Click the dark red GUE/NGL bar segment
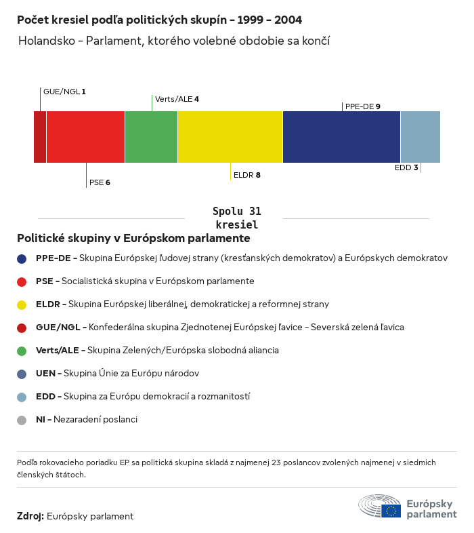click(40, 137)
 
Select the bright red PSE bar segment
click(85, 137)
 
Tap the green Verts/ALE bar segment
click(151, 137)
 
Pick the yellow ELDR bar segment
click(230, 137)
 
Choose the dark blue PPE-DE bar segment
click(341, 137)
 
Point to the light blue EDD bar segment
click(420, 137)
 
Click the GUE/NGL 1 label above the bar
click(64, 91)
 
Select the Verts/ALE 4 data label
click(177, 99)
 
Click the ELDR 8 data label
click(246, 175)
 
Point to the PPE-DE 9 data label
click(362, 106)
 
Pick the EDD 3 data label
click(406, 167)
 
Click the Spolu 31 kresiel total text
click(237, 218)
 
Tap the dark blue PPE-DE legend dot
click(22, 258)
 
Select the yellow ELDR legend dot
click(22, 304)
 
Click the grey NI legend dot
click(22, 420)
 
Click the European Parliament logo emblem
click(379, 507)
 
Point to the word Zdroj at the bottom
click(30, 516)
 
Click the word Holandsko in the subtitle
click(45, 41)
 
